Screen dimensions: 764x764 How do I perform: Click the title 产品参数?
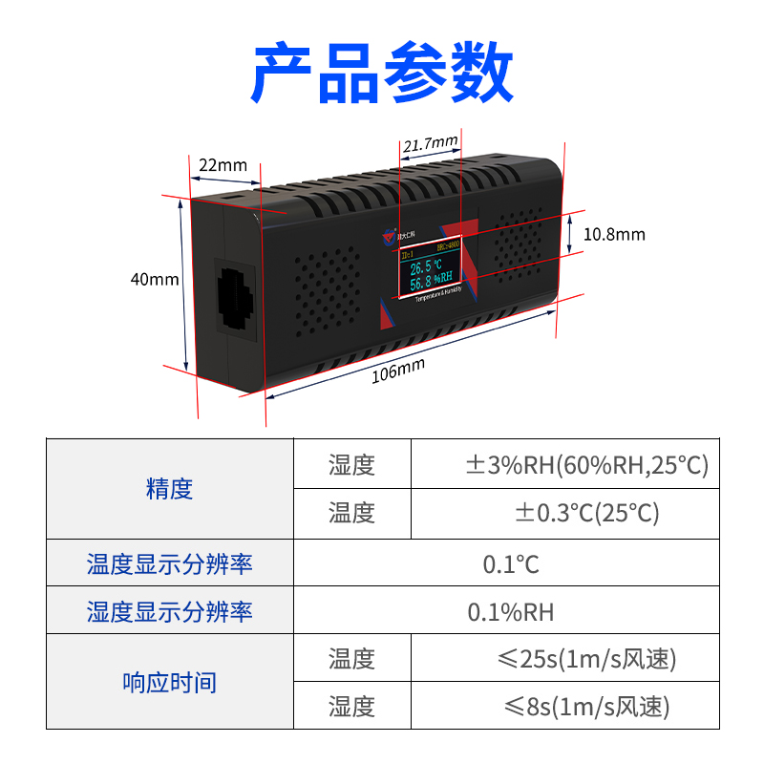[382, 73]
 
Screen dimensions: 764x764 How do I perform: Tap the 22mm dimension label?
[222, 165]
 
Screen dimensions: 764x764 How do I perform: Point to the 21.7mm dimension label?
[430, 144]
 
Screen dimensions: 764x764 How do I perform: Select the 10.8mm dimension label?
[614, 234]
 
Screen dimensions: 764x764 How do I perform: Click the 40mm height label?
[155, 280]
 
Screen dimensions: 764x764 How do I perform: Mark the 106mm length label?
[398, 371]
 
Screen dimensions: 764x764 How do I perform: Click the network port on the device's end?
[235, 298]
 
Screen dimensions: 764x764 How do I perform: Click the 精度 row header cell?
[170, 489]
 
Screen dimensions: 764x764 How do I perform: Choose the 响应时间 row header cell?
[170, 683]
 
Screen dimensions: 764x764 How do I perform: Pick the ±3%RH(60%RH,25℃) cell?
[586, 465]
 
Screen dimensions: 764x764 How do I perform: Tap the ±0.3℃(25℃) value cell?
[586, 514]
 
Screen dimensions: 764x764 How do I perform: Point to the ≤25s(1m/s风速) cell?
[586, 659]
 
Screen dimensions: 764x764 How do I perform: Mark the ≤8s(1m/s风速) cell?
[586, 707]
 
